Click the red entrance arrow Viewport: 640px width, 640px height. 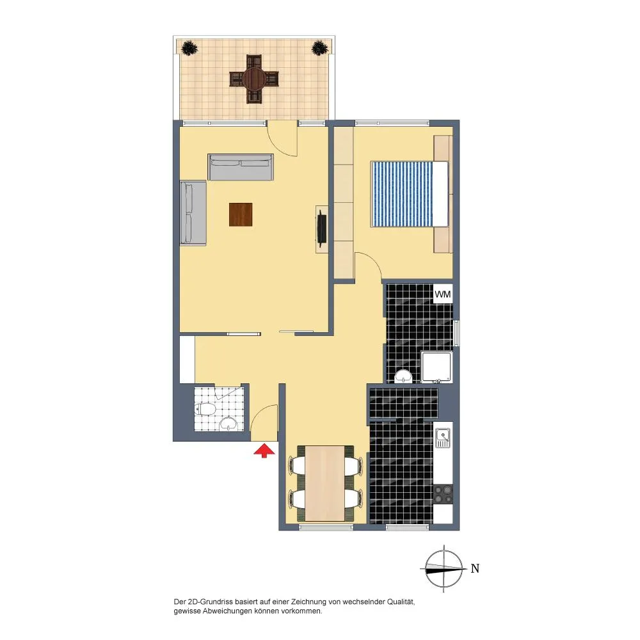click(x=264, y=451)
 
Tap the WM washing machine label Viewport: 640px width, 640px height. click(x=443, y=294)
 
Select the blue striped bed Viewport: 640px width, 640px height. click(x=409, y=194)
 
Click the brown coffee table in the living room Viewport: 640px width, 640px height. click(x=241, y=214)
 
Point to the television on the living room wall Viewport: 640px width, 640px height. click(x=322, y=228)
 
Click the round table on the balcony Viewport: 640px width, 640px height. click(x=254, y=79)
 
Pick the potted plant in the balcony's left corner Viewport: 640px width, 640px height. click(x=189, y=48)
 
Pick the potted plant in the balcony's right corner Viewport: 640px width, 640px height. click(x=320, y=48)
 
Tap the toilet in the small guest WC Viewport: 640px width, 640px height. click(x=205, y=409)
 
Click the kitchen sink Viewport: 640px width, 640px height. click(x=442, y=438)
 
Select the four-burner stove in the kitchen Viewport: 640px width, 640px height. click(x=443, y=494)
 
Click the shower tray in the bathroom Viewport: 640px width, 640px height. click(x=436, y=367)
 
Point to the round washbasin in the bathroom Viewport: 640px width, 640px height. click(x=403, y=376)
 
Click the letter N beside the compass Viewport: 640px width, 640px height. click(x=475, y=568)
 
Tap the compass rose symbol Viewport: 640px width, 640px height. click(x=444, y=568)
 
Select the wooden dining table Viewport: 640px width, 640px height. click(x=325, y=483)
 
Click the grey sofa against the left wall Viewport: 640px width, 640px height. click(x=193, y=213)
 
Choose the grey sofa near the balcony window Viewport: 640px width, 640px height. click(x=241, y=167)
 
